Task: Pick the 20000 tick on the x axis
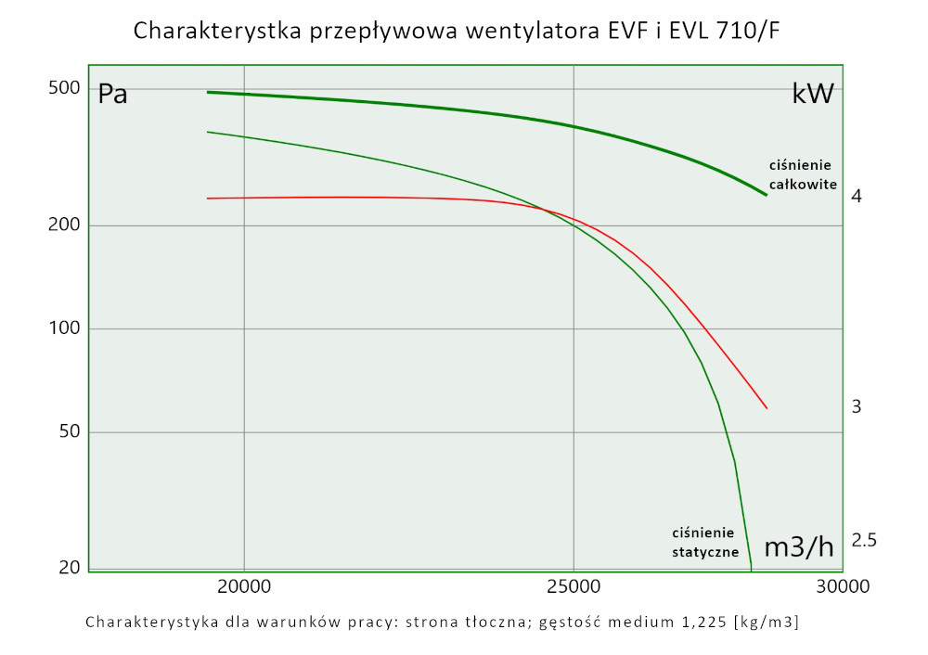(243, 586)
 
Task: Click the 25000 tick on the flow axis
(573, 586)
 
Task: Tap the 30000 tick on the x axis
(843, 586)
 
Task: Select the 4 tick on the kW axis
(857, 197)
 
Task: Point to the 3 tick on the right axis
(857, 406)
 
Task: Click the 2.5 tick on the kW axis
(864, 541)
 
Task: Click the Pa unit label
(112, 95)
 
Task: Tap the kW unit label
(813, 94)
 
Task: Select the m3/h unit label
(798, 547)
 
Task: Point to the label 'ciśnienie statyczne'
(703, 543)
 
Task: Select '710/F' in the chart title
(747, 32)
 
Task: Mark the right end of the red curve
(767, 408)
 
